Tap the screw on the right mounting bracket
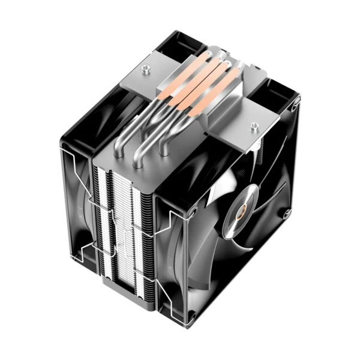[x=254, y=125]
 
